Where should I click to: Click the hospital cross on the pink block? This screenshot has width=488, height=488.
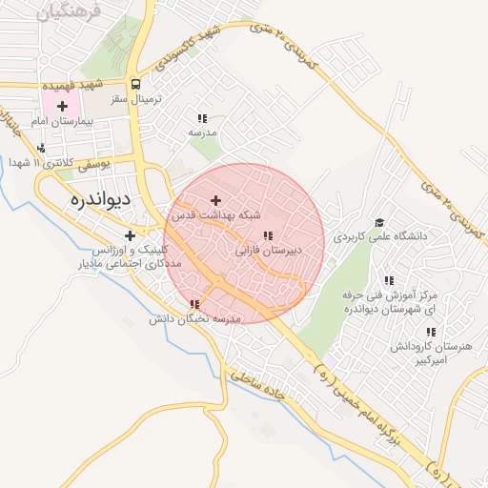coord(63,105)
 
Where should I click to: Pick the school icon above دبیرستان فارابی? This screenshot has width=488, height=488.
coord(268,235)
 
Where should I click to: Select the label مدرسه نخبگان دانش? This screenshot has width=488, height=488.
coord(194,320)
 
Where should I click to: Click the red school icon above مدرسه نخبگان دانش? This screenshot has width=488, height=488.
coord(194,304)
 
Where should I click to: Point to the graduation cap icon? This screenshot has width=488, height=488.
coord(380,221)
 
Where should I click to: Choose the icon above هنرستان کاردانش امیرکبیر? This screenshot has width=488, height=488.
coord(430,333)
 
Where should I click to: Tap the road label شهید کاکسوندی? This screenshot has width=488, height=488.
coord(193,49)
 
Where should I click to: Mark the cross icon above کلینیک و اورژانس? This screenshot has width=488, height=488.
coord(130,235)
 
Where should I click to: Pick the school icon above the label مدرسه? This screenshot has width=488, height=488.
coord(200,117)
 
